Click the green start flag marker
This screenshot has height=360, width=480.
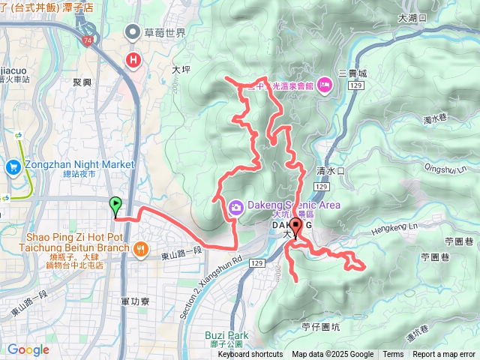[x=115, y=204]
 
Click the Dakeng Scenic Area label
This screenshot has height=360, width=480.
[x=292, y=205]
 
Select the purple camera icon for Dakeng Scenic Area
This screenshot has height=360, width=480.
[x=235, y=205]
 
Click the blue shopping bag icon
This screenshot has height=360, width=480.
[x=13, y=166]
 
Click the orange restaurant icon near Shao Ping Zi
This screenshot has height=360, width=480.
[x=140, y=249]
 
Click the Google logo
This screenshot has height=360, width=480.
[x=28, y=349]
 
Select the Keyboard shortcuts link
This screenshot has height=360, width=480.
[x=250, y=355]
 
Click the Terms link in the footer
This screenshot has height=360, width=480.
[x=393, y=355]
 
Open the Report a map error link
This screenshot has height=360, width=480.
[x=443, y=355]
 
